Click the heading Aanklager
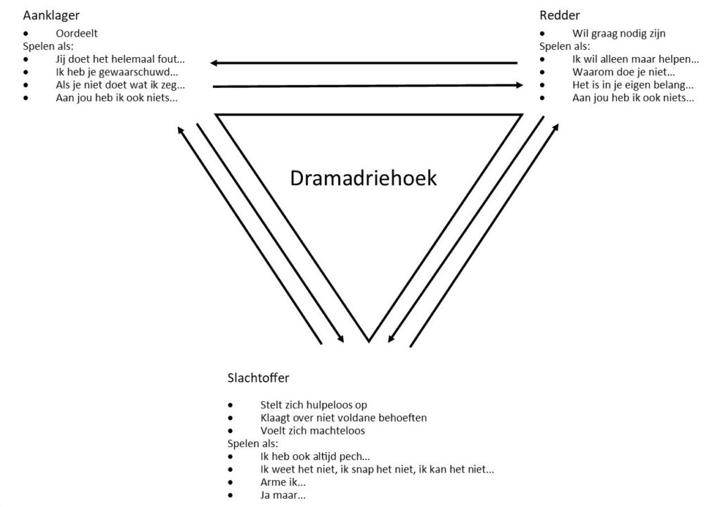tap(51, 15)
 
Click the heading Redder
tap(560, 15)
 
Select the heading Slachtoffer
tap(258, 377)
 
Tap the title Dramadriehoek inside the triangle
tap(363, 178)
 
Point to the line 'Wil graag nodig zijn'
tap(619, 33)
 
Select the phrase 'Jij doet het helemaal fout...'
tap(120, 59)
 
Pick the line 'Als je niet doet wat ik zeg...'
tap(120, 85)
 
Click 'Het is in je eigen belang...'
tap(633, 85)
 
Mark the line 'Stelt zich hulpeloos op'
tap(313, 405)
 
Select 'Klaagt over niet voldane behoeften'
tap(343, 418)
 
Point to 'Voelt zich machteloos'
tap(312, 430)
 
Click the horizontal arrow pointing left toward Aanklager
tap(364, 63)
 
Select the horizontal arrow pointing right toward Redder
tap(368, 86)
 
